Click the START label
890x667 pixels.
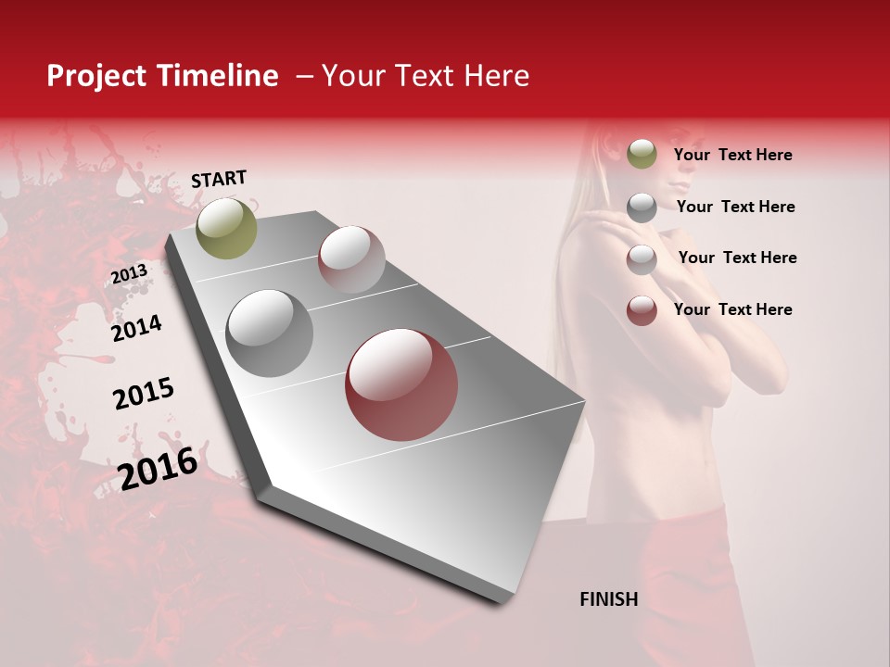[219, 179]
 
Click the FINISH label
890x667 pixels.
[608, 599]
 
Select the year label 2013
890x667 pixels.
[129, 274]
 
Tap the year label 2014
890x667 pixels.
[136, 328]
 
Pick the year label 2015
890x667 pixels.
[144, 393]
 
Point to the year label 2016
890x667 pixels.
[159, 468]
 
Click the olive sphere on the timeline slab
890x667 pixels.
[226, 228]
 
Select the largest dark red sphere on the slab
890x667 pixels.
[401, 385]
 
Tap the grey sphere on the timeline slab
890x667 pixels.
[270, 333]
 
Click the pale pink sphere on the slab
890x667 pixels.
[351, 259]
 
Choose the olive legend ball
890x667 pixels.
[642, 155]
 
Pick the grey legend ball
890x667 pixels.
[642, 208]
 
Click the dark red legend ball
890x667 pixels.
[642, 310]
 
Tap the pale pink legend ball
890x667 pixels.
[642, 259]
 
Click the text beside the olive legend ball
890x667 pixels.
[732, 155]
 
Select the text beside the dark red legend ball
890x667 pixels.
[732, 309]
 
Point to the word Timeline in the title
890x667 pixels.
[218, 76]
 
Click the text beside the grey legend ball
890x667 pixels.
[735, 207]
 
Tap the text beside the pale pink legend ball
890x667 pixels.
[737, 258]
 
